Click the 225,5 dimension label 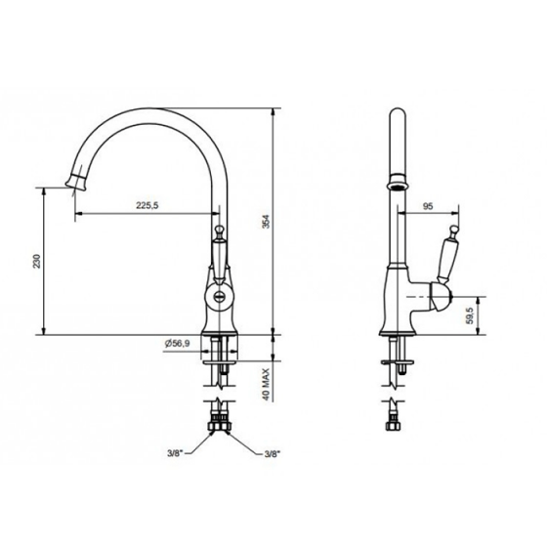coord(147,205)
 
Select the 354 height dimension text coord(266,222)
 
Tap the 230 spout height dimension coord(37,262)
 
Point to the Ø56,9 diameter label coord(177,344)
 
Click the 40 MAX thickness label coord(267,384)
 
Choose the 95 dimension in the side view coord(428,206)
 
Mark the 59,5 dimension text coord(471,316)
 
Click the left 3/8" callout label coord(175,453)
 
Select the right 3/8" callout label coord(273,454)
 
